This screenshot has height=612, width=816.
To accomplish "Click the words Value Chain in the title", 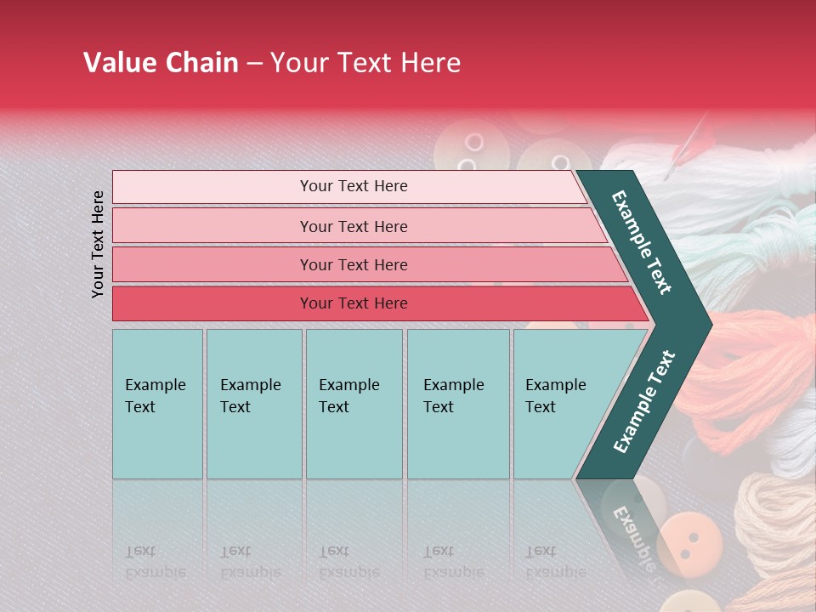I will click(x=161, y=63).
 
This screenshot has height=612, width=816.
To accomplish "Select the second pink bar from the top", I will click(x=354, y=226).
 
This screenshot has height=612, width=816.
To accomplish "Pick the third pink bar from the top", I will click(x=354, y=264).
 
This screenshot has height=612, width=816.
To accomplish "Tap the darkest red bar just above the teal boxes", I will click(x=354, y=303).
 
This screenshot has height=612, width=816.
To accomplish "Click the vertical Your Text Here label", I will click(x=98, y=244).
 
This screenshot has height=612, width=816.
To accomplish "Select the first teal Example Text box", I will click(x=157, y=404).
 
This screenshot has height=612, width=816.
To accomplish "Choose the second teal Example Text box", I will click(x=253, y=404).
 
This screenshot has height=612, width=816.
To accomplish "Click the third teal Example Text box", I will click(x=353, y=404).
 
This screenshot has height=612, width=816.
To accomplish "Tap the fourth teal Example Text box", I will click(x=457, y=404).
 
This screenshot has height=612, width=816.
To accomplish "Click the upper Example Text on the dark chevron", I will click(x=642, y=242).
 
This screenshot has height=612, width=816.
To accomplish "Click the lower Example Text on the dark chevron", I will click(x=643, y=402).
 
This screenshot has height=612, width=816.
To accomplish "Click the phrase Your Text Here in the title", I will click(x=365, y=63).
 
